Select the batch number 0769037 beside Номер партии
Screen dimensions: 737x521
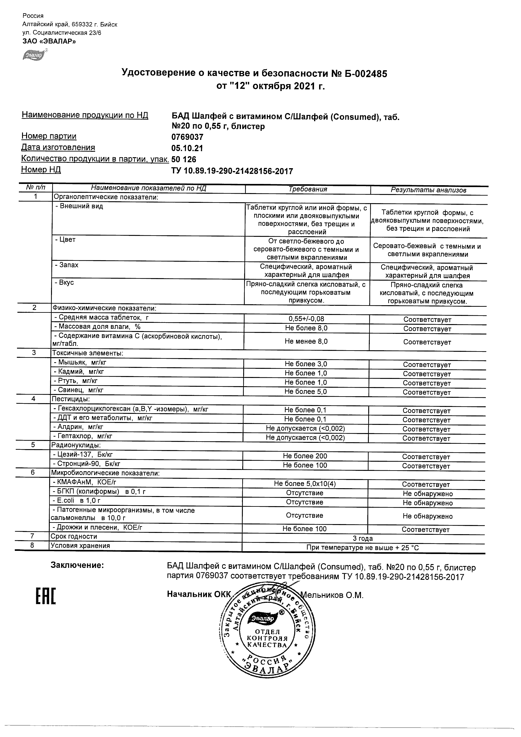187,137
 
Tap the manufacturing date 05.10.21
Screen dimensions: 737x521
187,148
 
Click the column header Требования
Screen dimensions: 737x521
307,189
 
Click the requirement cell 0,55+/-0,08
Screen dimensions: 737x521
306,319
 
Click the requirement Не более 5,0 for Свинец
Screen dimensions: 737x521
306,391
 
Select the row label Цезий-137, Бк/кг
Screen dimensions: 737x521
83,454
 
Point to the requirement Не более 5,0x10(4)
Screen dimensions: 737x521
305,484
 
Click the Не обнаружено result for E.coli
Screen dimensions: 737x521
427,503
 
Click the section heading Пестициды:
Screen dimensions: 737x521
71,399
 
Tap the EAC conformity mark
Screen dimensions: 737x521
45,597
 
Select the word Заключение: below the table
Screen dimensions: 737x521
77,565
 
